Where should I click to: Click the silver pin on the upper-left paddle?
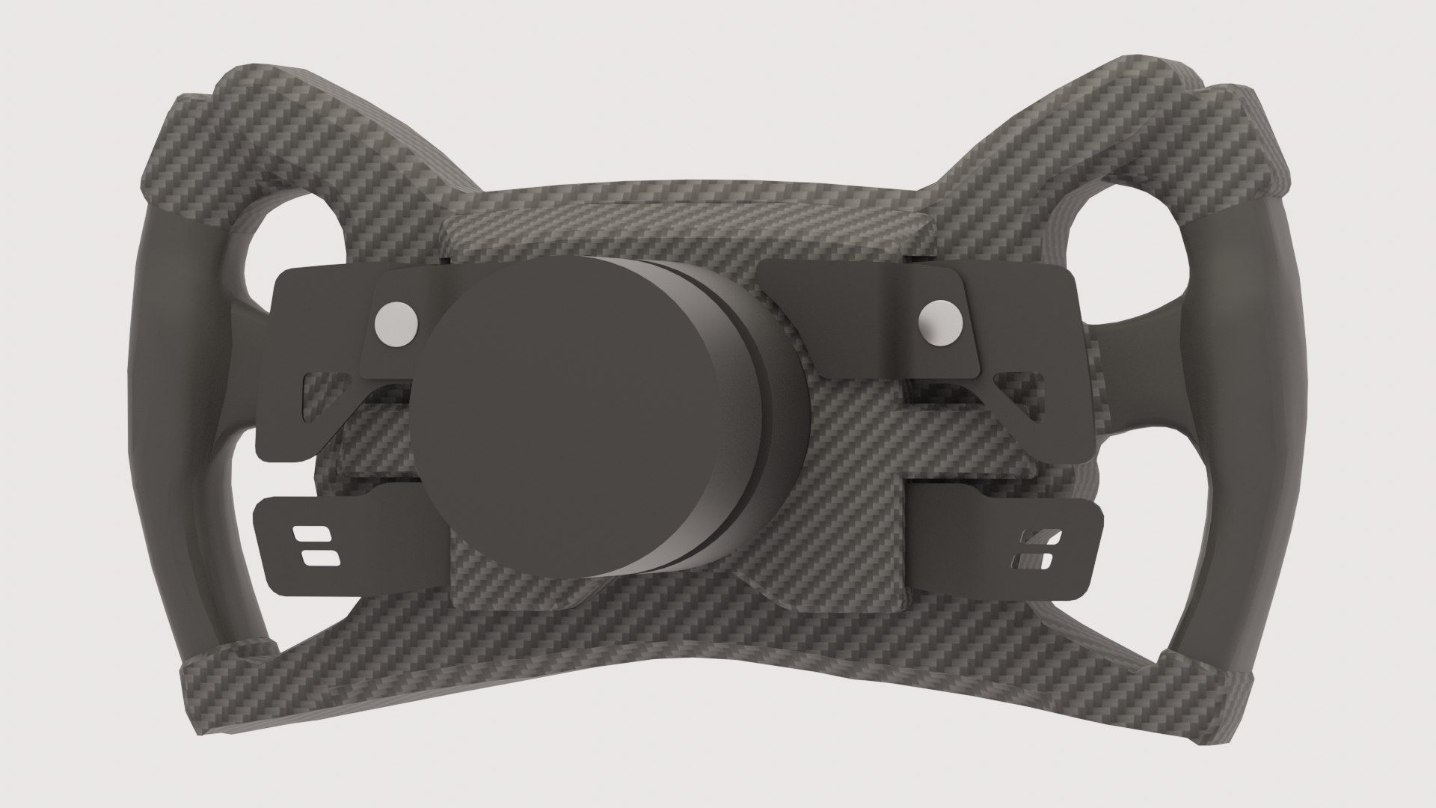pos(396,325)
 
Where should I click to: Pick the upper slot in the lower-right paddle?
pos(1039,539)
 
